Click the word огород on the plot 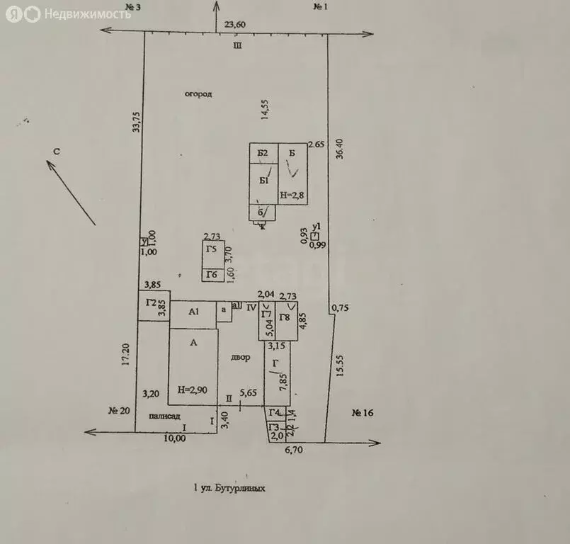199,93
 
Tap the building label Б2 262,153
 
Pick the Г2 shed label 151,302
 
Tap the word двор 240,358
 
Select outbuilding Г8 285,318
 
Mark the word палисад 164,417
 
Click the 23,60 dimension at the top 235,24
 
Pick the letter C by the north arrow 61,151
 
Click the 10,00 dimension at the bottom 175,438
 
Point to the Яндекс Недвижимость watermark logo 68,13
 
